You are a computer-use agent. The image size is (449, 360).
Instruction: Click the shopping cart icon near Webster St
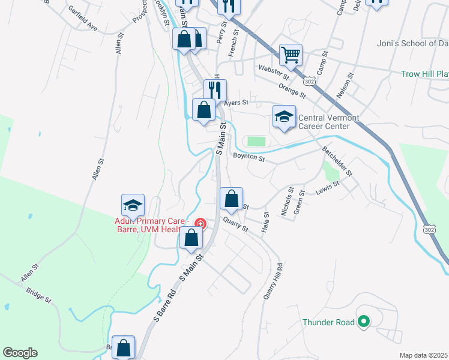point(291,55)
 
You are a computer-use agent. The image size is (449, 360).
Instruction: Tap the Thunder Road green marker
point(363,322)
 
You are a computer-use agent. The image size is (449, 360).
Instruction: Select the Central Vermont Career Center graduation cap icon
point(284,117)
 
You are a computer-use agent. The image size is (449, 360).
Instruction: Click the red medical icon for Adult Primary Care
point(200,224)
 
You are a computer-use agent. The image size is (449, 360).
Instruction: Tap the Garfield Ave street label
point(83,19)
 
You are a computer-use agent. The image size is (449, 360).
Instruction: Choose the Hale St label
point(265,221)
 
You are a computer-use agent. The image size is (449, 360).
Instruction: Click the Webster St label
point(274,73)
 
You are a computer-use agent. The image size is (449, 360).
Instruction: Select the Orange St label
point(292,91)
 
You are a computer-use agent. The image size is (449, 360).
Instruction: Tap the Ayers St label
point(236,103)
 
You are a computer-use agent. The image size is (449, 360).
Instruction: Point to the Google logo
point(20,353)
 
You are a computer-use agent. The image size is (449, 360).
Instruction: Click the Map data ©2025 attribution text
point(423,355)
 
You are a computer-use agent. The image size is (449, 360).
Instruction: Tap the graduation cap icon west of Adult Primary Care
point(133,206)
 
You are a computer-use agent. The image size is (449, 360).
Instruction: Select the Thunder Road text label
point(328,322)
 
